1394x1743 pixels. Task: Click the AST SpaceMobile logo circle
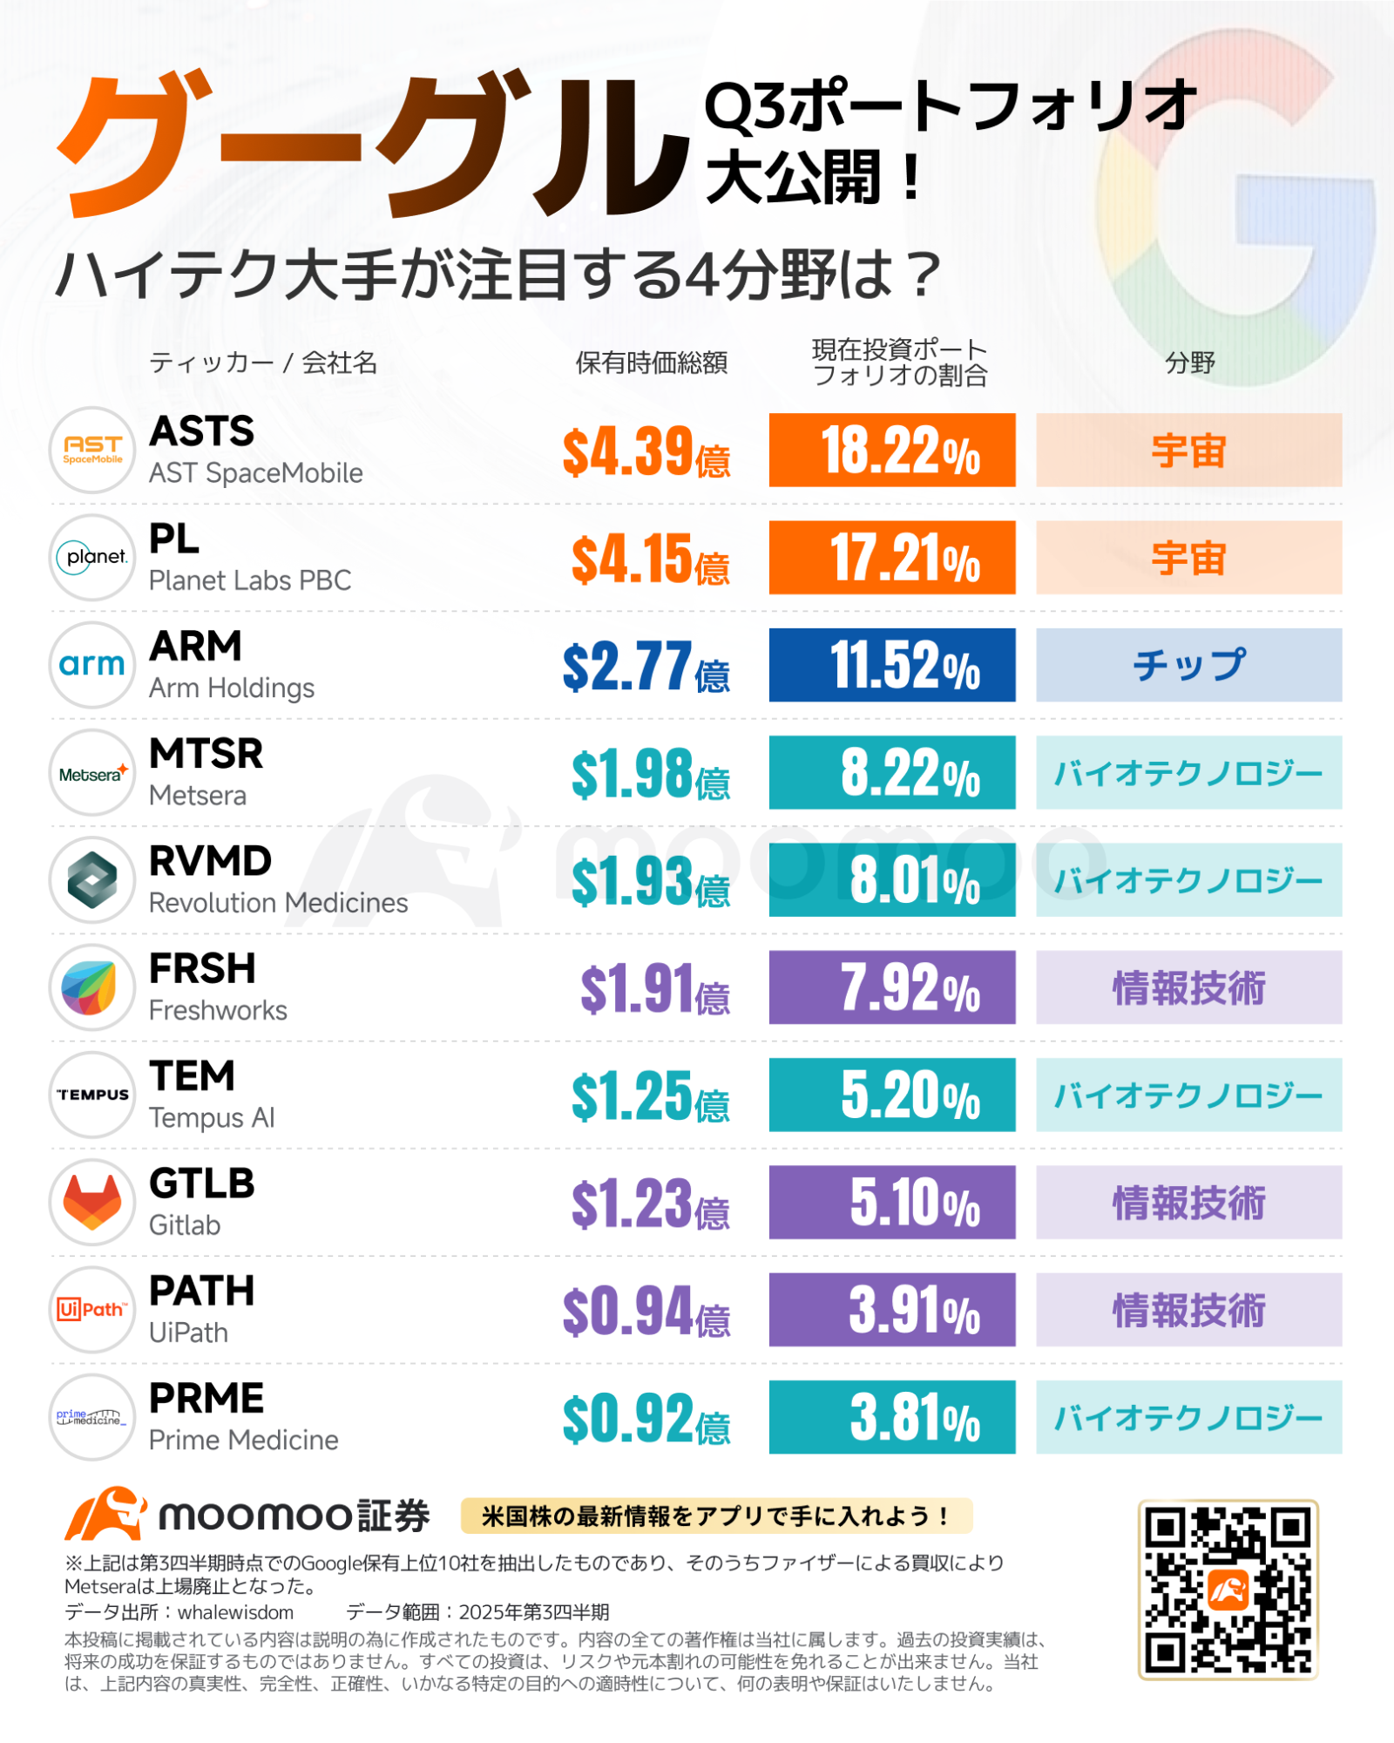[92, 450]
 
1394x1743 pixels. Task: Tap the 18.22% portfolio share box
[892, 450]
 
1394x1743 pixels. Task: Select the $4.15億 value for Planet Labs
[650, 559]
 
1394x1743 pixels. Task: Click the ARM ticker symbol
[195, 647]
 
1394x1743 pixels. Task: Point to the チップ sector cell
[1188, 665]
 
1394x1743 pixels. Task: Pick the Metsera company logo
[92, 773]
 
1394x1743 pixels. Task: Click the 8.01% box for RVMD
[892, 880]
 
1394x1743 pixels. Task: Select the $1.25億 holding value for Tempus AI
[650, 1095]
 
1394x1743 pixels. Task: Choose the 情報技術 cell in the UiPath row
[1188, 1310]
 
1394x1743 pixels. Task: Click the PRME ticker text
[206, 1399]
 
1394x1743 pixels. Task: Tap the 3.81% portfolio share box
[892, 1417]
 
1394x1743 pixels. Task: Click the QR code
[1228, 1590]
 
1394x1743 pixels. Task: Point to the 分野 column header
[1190, 363]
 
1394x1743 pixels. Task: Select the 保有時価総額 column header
[652, 363]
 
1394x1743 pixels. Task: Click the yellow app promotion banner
[716, 1516]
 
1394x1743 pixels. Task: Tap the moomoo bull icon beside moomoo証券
[106, 1515]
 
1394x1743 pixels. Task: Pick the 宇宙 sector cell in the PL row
[1188, 558]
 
